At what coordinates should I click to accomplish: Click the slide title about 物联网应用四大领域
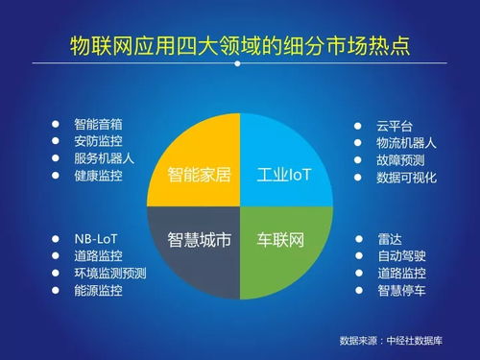click(x=240, y=46)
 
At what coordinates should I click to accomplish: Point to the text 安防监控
click(x=98, y=142)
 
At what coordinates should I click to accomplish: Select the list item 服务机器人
click(x=104, y=159)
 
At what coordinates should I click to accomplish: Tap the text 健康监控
click(x=98, y=177)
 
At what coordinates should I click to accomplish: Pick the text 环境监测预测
click(x=109, y=273)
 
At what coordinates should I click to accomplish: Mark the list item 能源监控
click(x=98, y=290)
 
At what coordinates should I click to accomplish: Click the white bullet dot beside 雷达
click(x=357, y=238)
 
